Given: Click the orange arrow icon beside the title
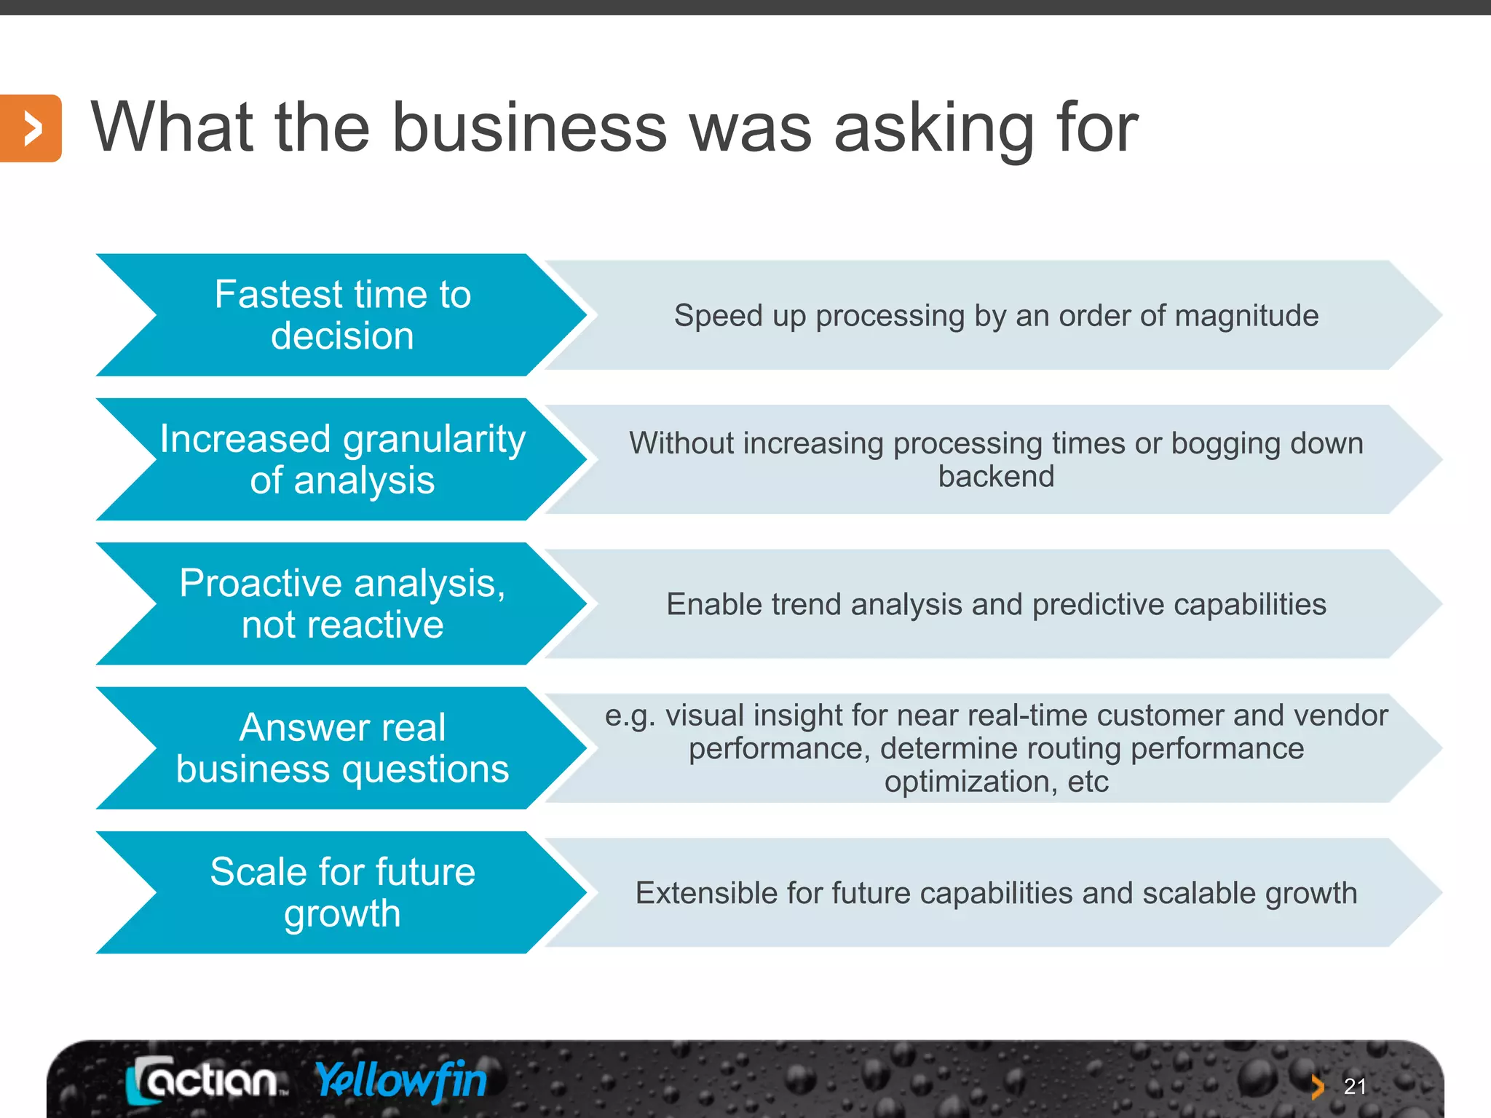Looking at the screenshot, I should tap(31, 128).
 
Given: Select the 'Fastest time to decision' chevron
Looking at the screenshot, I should tap(342, 315).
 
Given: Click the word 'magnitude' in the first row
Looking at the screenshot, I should tap(1246, 316).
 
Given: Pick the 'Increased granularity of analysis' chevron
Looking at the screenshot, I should tap(342, 459).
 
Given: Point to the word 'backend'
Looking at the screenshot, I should tap(996, 477).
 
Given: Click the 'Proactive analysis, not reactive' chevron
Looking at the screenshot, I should tap(342, 603).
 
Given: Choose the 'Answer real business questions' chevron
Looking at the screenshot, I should tap(342, 748).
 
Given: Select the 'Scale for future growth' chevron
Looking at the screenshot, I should tap(342, 892).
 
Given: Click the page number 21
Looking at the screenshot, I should tap(1355, 1087).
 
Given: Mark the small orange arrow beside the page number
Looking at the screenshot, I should tap(1317, 1087).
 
